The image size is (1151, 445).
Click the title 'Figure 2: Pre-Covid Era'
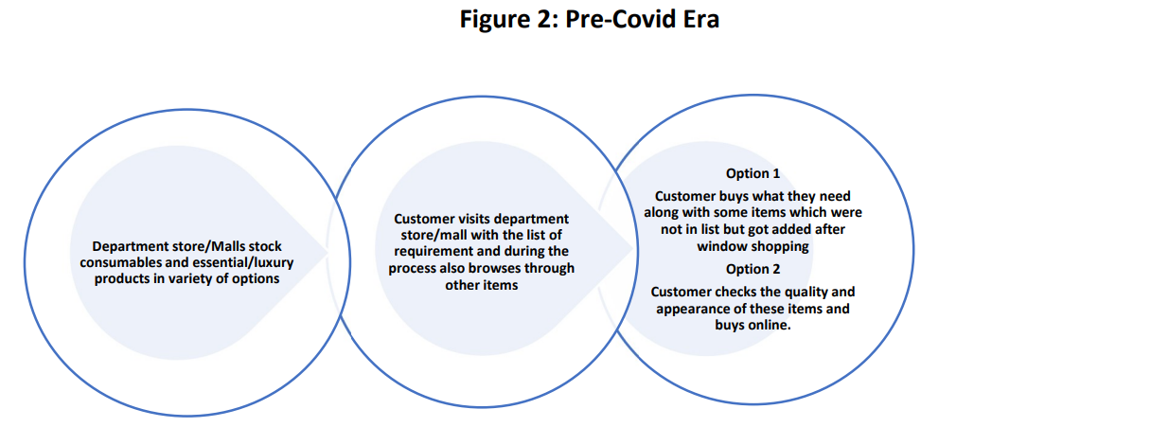click(x=589, y=20)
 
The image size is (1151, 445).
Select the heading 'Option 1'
click(x=753, y=173)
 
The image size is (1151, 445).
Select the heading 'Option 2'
click(x=753, y=269)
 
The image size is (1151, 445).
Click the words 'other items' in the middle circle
click(x=482, y=285)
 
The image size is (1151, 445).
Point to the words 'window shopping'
click(x=753, y=247)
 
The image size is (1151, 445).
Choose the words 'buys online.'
click(x=753, y=326)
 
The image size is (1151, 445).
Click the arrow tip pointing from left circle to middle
click(x=328, y=252)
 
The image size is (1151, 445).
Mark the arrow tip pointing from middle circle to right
click(x=632, y=248)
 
